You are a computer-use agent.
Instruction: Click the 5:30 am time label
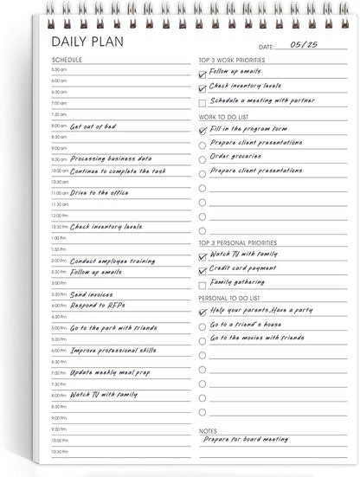pyautogui.click(x=59, y=69)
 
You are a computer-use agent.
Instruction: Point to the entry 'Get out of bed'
pyautogui.click(x=93, y=126)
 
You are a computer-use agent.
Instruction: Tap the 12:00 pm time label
pyautogui.click(x=60, y=215)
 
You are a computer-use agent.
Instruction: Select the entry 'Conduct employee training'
pyautogui.click(x=112, y=260)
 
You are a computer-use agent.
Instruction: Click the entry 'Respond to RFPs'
pyautogui.click(x=94, y=305)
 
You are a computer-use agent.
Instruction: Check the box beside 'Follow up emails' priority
pyautogui.click(x=202, y=73)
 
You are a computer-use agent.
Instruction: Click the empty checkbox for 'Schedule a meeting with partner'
pyautogui.click(x=202, y=103)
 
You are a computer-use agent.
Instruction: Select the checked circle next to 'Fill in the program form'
pyautogui.click(x=202, y=130)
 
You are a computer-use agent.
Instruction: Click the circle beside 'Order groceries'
pyautogui.click(x=202, y=158)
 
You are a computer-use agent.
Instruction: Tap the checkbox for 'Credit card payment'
pyautogui.click(x=202, y=270)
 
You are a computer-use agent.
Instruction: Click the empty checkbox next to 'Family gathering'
pyautogui.click(x=202, y=283)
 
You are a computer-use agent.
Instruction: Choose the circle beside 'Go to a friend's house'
pyautogui.click(x=202, y=326)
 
